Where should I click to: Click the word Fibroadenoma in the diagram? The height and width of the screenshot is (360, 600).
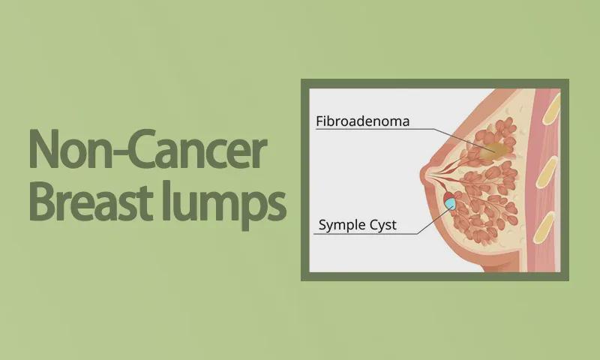[x=362, y=121]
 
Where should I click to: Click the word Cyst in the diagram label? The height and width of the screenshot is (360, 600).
[x=382, y=224]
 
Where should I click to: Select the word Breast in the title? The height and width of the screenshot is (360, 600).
[x=91, y=201]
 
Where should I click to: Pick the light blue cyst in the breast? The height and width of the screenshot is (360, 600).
[x=450, y=204]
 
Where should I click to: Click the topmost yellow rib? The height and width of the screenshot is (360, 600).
[x=551, y=109]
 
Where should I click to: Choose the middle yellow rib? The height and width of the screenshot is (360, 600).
[x=547, y=172]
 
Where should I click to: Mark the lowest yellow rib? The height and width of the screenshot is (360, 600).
[x=544, y=229]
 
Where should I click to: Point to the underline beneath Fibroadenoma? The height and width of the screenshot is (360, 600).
[x=374, y=129]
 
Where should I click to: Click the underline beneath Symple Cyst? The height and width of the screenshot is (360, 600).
[x=365, y=234]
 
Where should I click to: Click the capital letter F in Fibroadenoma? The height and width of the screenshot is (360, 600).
[x=320, y=121]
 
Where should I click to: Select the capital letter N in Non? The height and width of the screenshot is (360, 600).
[x=43, y=149]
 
